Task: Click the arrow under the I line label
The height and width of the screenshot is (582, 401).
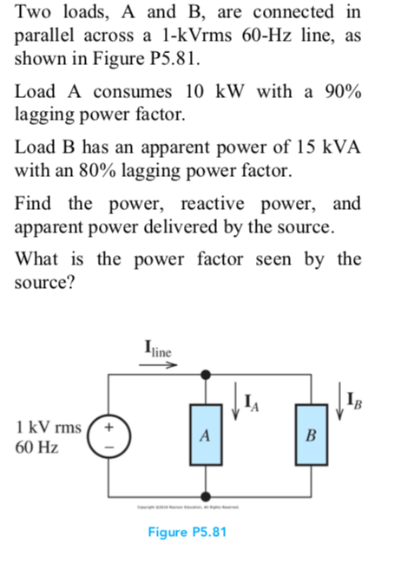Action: [158, 365]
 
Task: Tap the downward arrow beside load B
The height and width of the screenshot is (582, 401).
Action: [339, 402]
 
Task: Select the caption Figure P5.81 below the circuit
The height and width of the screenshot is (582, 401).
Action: [188, 531]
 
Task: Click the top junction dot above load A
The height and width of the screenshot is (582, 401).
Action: [204, 375]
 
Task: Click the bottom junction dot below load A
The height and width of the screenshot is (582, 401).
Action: [204, 499]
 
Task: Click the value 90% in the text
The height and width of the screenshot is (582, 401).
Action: [341, 91]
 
